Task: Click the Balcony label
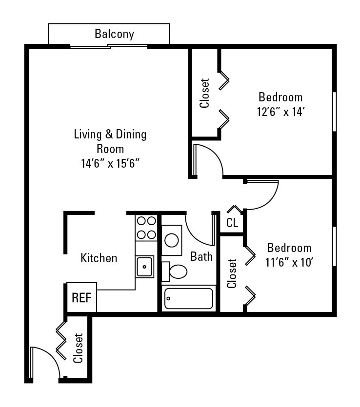(x=114, y=34)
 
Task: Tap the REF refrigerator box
(x=81, y=297)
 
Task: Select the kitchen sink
(x=145, y=267)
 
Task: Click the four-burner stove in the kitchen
(x=146, y=228)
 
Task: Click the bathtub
(x=189, y=298)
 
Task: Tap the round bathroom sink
(x=172, y=240)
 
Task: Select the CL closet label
(x=232, y=223)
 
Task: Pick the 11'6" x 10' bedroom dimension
(x=289, y=263)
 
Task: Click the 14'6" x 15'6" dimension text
(x=111, y=164)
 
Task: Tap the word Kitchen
(x=99, y=258)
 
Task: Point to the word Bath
(x=201, y=256)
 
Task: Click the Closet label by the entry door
(x=78, y=348)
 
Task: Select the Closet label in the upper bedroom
(x=205, y=93)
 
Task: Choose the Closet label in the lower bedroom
(x=232, y=273)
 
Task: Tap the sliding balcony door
(x=108, y=46)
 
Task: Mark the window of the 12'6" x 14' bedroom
(x=334, y=112)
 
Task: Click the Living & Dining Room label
(x=110, y=141)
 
